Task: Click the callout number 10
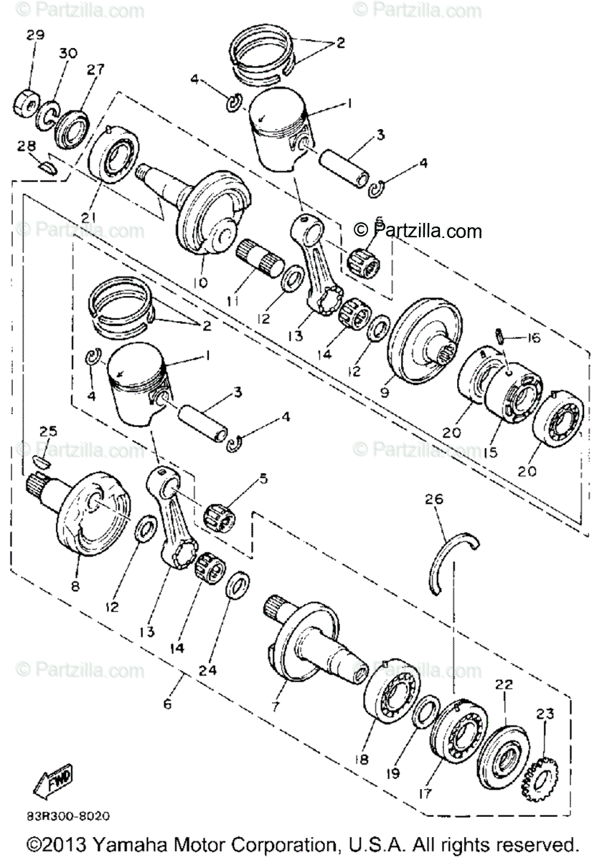click(x=200, y=282)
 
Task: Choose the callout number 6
click(x=168, y=704)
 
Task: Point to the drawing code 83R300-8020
click(x=70, y=815)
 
